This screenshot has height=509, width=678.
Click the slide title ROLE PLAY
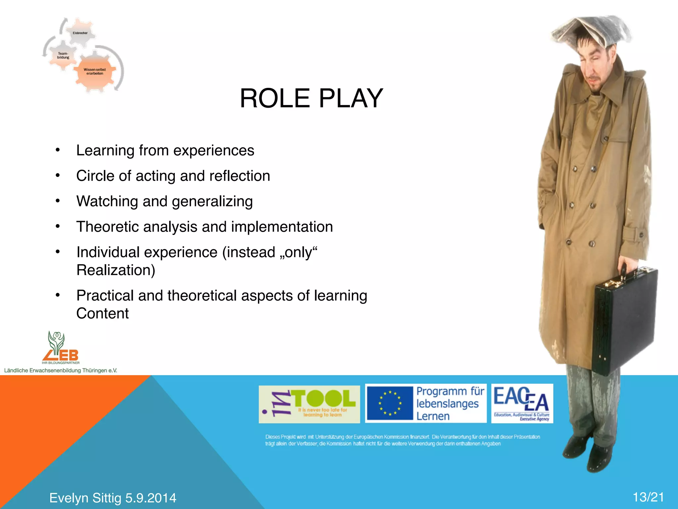(x=311, y=98)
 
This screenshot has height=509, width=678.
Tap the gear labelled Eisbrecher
(x=80, y=33)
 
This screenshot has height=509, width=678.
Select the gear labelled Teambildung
(x=63, y=55)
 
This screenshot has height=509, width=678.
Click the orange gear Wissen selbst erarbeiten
(x=95, y=72)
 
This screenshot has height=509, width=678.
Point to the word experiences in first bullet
(x=214, y=151)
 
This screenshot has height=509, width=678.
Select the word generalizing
(x=212, y=201)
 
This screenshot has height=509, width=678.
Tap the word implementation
(x=282, y=227)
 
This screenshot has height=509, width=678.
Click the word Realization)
(x=116, y=270)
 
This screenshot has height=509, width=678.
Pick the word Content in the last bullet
(x=102, y=313)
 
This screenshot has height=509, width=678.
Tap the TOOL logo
(x=309, y=404)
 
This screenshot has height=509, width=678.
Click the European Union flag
(x=390, y=403)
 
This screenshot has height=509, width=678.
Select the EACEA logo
(x=522, y=403)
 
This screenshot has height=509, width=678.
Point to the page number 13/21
(x=648, y=497)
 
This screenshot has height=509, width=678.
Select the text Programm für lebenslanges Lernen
(x=450, y=403)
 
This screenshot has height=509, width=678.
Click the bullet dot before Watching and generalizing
(x=58, y=201)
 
